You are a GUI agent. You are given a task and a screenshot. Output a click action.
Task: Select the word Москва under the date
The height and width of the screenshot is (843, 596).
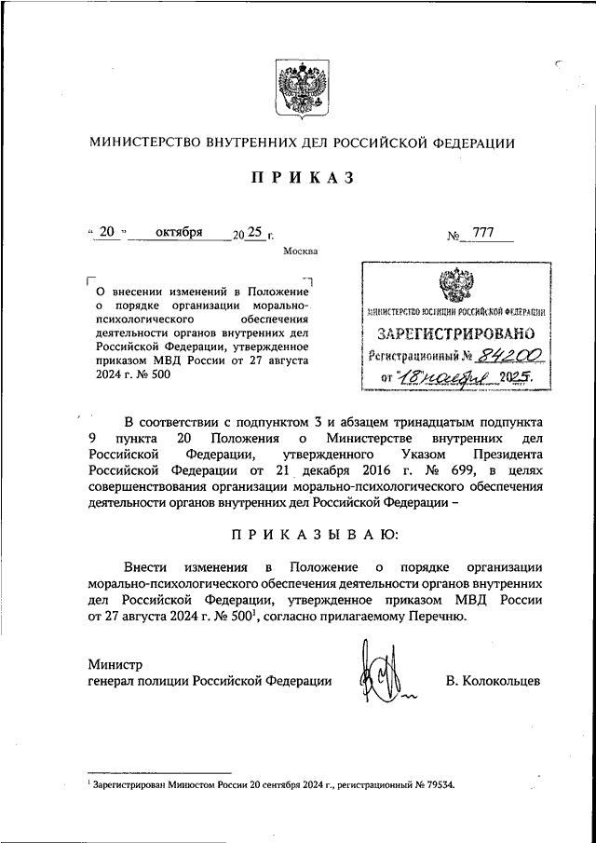[300, 251]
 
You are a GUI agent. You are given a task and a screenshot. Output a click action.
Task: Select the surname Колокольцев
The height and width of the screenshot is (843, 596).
[493, 681]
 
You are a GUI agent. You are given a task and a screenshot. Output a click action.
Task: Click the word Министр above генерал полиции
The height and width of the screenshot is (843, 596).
[115, 664]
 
